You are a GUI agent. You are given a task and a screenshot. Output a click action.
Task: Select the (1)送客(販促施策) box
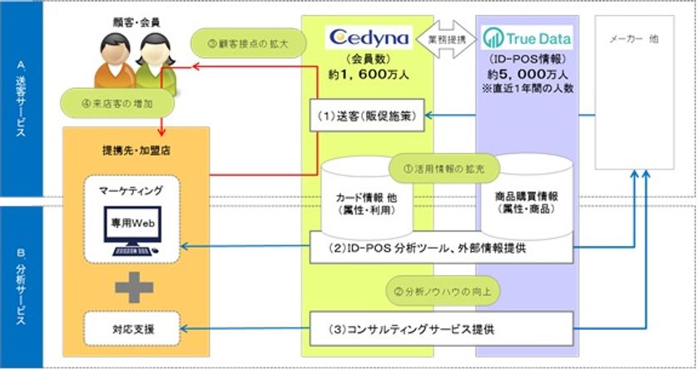(369, 114)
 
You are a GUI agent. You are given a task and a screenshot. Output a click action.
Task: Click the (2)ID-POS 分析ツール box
(442, 247)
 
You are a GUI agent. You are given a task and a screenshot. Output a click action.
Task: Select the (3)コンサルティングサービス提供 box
(442, 328)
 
